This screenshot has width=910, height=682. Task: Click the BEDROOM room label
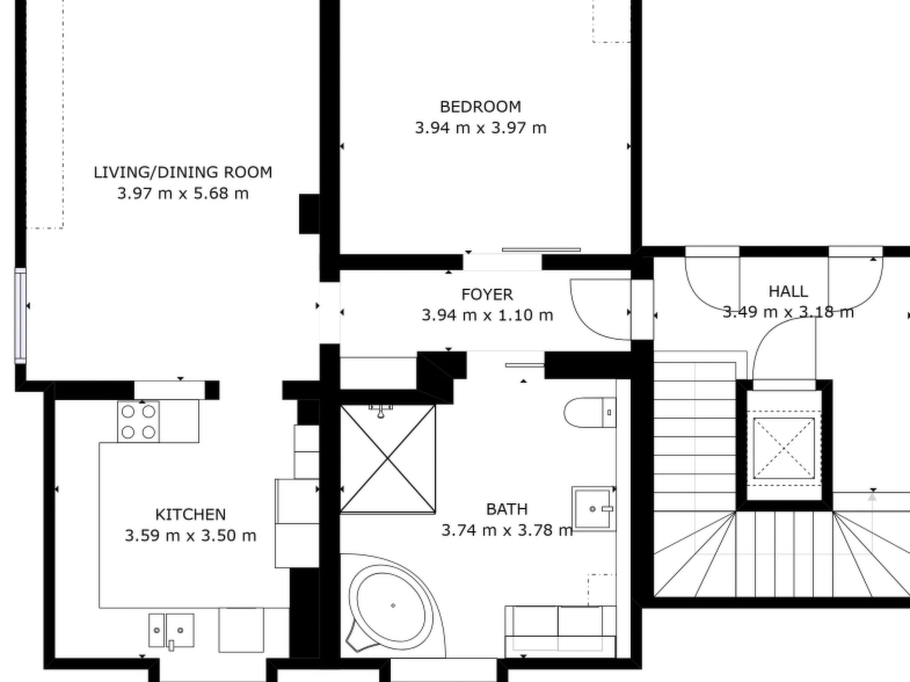coord(480,107)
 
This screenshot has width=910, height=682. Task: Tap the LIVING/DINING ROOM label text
coord(183,172)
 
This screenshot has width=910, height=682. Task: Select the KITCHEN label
coord(191,515)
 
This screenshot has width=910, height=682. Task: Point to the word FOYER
coord(487,294)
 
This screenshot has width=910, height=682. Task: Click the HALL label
coord(788,292)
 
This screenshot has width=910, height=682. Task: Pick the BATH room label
coord(507,509)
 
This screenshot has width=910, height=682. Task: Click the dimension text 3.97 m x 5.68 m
coord(183,194)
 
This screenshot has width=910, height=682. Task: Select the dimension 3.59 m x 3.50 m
coord(191,535)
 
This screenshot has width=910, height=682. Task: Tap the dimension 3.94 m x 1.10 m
coord(487,315)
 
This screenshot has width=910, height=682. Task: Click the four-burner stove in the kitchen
coord(138,422)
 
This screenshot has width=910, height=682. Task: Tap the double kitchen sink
coord(171,630)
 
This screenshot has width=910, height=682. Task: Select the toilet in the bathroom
coord(590,412)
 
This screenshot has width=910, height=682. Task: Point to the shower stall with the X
coord(387,459)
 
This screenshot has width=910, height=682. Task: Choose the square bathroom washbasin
coord(594,509)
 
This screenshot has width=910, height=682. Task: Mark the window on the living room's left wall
coord(20,315)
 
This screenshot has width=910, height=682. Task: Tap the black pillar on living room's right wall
coord(309,214)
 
